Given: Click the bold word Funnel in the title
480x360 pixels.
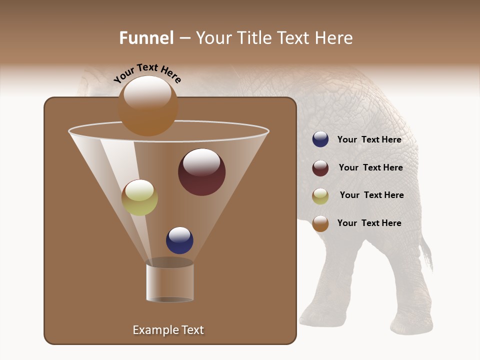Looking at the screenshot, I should tap(146, 38).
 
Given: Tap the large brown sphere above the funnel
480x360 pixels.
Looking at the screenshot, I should tap(148, 106).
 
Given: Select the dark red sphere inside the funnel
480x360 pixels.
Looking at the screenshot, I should tap(201, 172).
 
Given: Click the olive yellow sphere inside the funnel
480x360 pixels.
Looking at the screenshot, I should tap(139, 197).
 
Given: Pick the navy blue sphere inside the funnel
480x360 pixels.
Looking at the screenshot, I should tap(179, 240).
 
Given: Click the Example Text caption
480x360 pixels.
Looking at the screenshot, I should tap(168, 330).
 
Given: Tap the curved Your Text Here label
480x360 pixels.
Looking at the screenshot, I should tap(147, 73).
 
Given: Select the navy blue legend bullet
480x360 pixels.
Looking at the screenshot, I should tap(320, 139).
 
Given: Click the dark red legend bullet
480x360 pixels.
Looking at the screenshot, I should tap(320, 168).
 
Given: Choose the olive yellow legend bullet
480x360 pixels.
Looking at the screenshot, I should tap(320, 196).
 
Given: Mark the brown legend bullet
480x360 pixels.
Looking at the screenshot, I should tap(320, 223).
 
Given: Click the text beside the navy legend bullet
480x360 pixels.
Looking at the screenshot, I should tap(369, 139).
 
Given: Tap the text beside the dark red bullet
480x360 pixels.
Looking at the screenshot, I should tap(370, 167).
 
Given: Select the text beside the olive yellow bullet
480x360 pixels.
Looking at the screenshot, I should tap(371, 195).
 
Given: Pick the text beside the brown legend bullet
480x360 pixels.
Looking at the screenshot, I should tap(369, 223).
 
